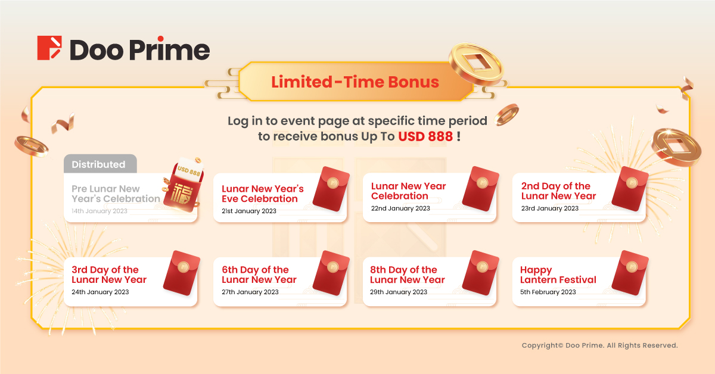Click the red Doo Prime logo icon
(49, 48)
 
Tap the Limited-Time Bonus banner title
(355, 82)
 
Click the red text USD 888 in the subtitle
(425, 136)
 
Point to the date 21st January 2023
(249, 211)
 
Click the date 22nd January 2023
(400, 208)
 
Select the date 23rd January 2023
(549, 208)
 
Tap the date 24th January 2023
(100, 292)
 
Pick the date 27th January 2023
(250, 292)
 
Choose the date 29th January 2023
(399, 292)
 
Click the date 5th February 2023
(548, 292)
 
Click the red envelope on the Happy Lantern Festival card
(630, 273)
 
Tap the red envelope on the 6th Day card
(331, 273)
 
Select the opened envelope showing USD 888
(184, 185)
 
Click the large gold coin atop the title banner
(476, 64)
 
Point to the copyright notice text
(599, 345)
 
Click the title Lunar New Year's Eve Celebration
(263, 194)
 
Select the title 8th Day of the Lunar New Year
(408, 275)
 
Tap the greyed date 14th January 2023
(100, 211)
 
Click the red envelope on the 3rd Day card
(182, 273)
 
